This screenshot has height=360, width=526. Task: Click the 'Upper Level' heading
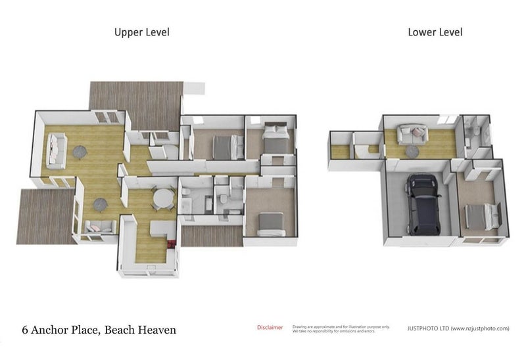pyautogui.click(x=141, y=32)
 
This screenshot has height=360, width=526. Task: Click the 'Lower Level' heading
pyautogui.click(x=435, y=32)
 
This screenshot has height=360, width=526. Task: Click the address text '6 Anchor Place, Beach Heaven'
pyautogui.click(x=99, y=329)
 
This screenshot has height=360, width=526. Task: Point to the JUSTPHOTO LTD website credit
pyautogui.click(x=458, y=328)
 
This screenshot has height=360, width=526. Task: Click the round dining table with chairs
pyautogui.click(x=163, y=197)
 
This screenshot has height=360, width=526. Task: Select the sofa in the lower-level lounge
pyautogui.click(x=412, y=134)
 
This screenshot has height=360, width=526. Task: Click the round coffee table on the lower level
pyautogui.click(x=412, y=151)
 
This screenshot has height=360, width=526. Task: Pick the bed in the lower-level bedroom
pyautogui.click(x=485, y=215)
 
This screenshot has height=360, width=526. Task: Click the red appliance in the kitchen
pyautogui.click(x=173, y=244)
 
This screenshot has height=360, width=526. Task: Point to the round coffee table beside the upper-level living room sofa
pyautogui.click(x=80, y=152)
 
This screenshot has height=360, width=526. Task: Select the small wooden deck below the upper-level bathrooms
pyautogui.click(x=210, y=236)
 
